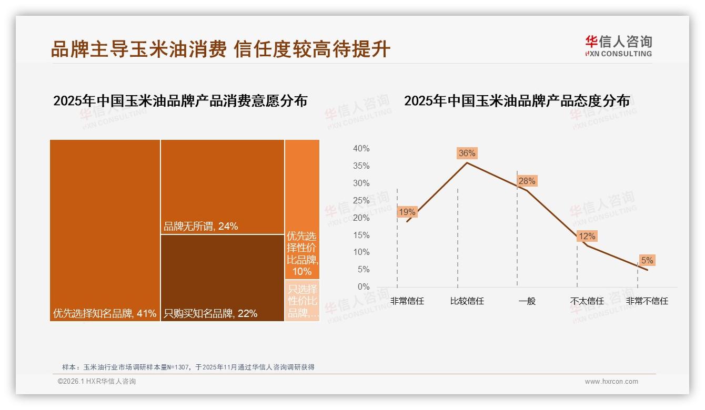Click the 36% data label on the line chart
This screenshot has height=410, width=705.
coord(467,153)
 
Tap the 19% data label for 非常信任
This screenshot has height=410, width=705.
coord(407,212)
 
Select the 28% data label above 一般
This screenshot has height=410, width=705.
coord(527,181)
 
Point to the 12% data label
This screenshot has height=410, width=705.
coord(587,237)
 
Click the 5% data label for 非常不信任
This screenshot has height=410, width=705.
coord(647,261)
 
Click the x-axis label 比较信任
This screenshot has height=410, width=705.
coord(467,301)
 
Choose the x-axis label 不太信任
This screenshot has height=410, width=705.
coord(587,301)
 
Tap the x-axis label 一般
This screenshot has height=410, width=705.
coord(527,301)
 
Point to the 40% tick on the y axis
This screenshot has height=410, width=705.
coord(361,149)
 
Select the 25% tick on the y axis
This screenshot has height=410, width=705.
coord(361,200)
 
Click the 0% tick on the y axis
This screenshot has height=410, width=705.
coord(363,286)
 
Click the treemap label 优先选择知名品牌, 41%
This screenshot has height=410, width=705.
coord(105,314)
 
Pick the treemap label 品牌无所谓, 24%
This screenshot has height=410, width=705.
coord(200,227)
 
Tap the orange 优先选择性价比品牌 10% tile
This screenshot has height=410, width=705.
coord(302,210)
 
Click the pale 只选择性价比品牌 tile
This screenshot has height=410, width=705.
coord(303,301)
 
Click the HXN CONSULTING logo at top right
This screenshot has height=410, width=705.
coord(618,46)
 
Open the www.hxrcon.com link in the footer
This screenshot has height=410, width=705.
coord(611,382)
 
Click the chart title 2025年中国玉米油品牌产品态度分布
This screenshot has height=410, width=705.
coord(517,101)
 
